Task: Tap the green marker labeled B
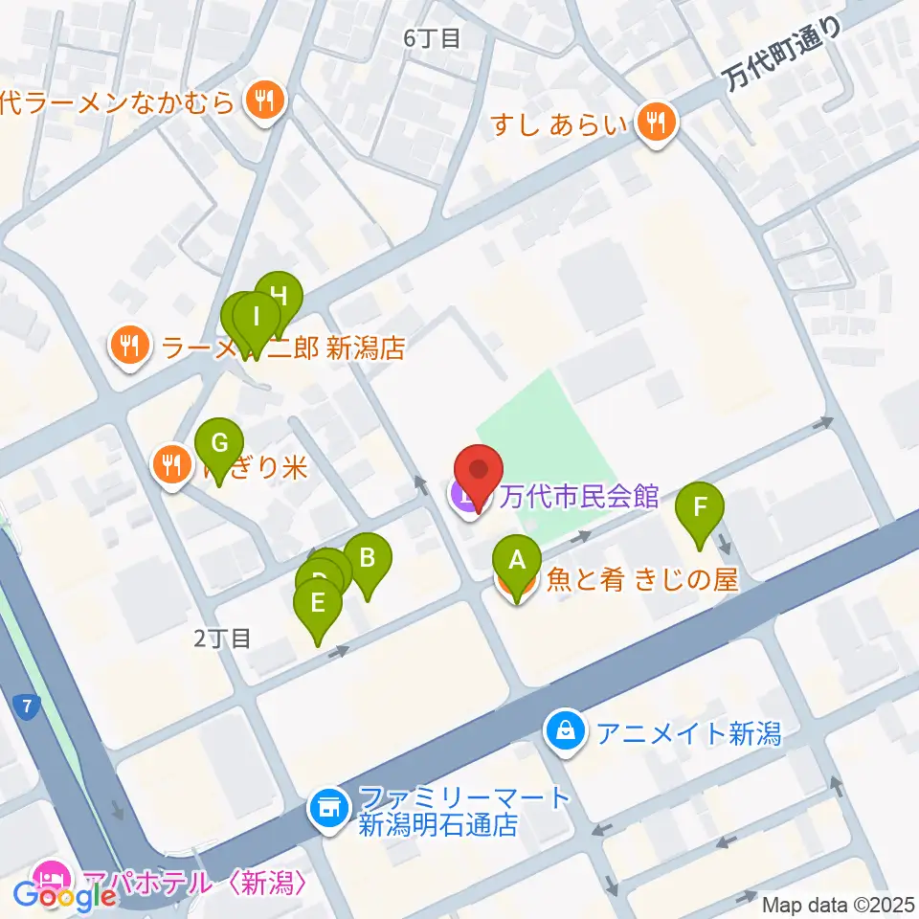367,557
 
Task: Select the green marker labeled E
318,605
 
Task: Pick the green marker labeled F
700,507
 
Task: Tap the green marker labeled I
257,314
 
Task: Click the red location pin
478,471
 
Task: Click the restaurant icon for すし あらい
657,123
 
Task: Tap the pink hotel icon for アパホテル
49,876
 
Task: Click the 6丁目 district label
433,38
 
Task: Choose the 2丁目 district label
221,639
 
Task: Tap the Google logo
65,896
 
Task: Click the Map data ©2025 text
839,904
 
